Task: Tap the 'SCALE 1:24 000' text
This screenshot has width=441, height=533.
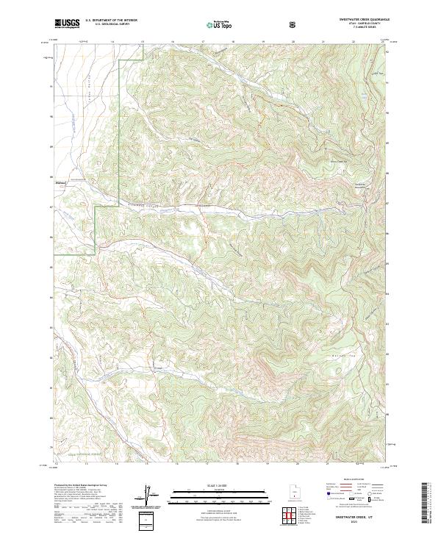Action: point(220,485)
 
